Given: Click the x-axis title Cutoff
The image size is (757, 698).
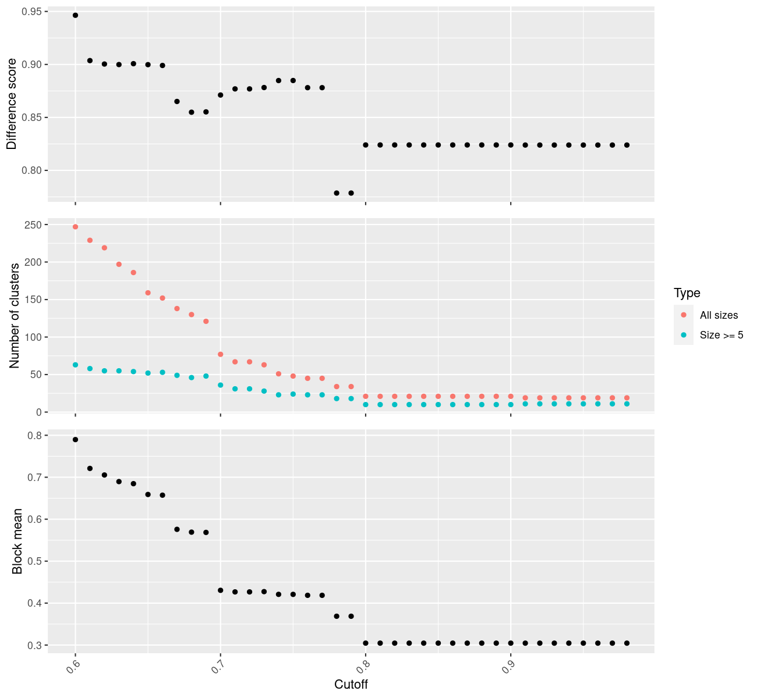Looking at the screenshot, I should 351,684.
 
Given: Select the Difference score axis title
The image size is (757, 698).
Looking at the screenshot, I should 12,104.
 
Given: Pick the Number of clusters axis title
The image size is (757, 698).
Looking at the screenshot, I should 15,315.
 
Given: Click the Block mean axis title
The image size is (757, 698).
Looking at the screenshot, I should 17,541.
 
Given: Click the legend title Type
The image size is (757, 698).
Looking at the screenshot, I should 687,293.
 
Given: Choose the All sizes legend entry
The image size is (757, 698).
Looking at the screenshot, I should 719,315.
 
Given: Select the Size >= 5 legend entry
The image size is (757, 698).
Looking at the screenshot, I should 721,335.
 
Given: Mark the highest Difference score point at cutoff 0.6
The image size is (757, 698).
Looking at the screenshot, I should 75,15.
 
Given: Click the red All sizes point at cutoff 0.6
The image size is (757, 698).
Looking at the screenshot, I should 75,227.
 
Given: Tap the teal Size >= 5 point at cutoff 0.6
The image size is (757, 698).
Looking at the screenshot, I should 75,365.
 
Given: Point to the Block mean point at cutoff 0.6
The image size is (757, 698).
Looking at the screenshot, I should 75,440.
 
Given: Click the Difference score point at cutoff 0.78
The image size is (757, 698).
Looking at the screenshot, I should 337,193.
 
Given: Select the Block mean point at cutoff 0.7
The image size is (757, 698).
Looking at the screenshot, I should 220,590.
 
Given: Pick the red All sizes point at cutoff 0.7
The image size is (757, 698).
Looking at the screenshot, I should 220,354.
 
